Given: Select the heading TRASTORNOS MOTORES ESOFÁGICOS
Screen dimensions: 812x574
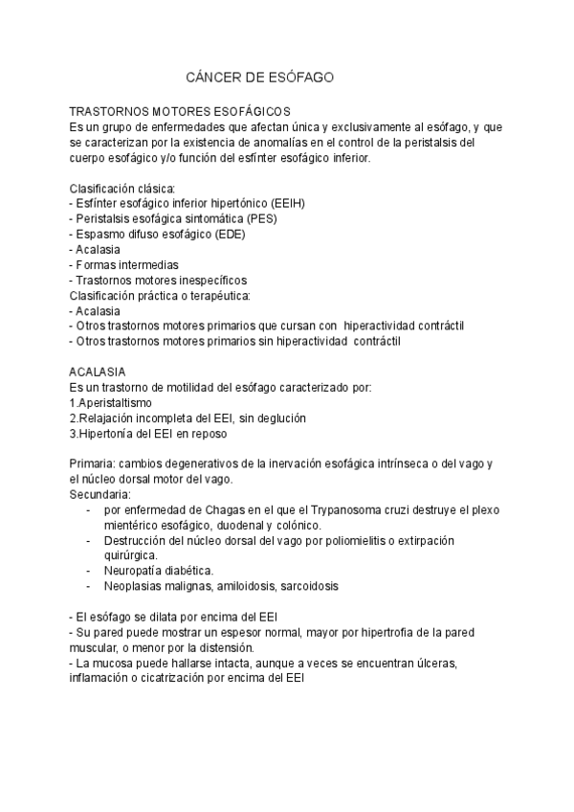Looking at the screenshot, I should coord(181,112).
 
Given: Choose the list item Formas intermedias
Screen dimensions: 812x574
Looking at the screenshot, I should coord(127,265).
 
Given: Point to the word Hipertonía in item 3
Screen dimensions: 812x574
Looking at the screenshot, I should coord(110,434).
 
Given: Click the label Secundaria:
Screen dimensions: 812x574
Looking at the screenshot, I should coord(100,495).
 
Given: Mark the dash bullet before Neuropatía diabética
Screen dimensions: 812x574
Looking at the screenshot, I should coord(89,572).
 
